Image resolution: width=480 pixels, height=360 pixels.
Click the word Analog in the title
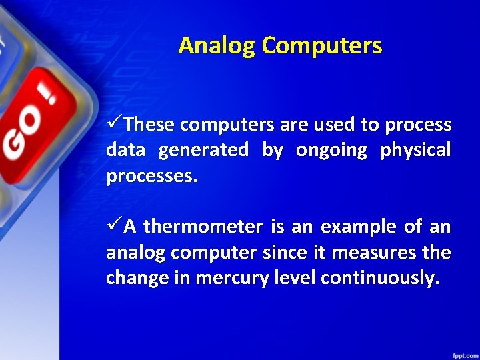(217, 45)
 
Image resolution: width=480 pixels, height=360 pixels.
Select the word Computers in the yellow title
(322, 45)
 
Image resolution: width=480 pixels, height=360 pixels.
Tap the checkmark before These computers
(114, 124)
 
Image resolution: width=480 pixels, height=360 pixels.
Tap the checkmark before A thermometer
(114, 227)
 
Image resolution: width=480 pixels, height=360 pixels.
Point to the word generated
(203, 150)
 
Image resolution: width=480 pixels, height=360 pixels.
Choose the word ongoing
(331, 150)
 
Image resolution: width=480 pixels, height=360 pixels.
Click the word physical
(415, 150)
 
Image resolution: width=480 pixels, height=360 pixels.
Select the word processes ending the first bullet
(152, 176)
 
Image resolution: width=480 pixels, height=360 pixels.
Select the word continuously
(380, 278)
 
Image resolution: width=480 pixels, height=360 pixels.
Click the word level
(292, 278)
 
